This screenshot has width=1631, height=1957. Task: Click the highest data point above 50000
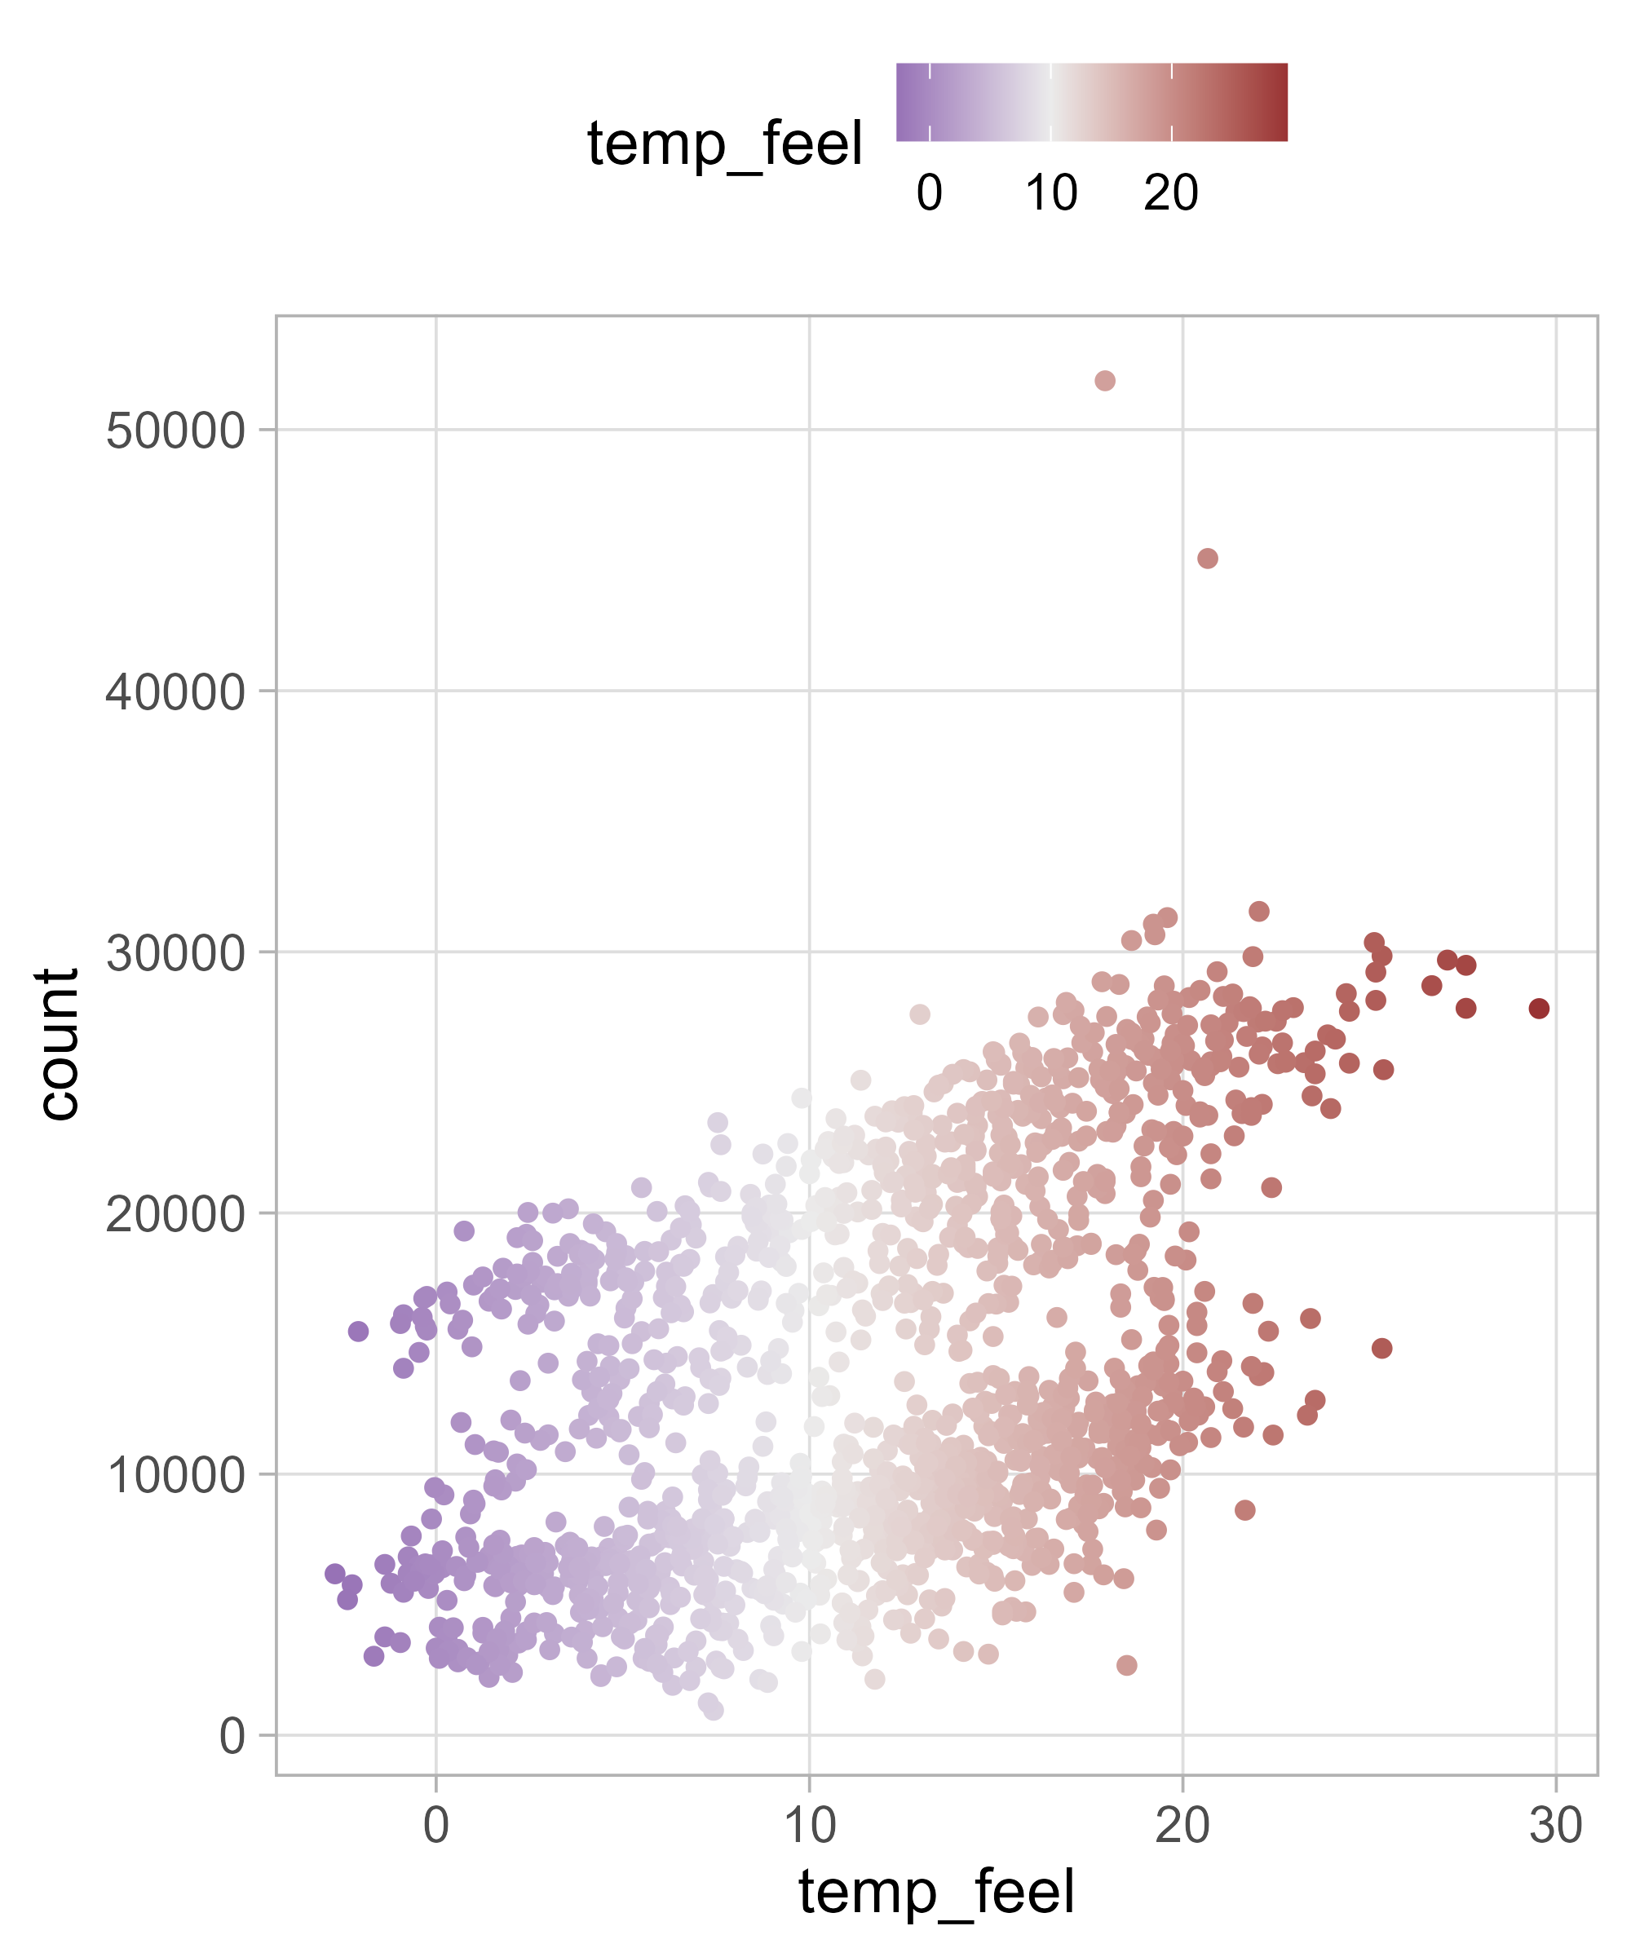(x=1104, y=380)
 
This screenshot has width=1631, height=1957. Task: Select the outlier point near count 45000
(x=1207, y=559)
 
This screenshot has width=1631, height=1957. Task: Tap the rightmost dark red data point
(x=1539, y=1009)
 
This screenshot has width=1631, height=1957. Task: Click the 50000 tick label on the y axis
(x=175, y=431)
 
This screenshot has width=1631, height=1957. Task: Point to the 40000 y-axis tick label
(x=175, y=692)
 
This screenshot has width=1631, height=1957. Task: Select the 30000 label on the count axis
(x=175, y=954)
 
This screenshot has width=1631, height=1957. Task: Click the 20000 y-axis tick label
(x=175, y=1215)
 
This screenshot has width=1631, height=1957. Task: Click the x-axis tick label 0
(x=436, y=1826)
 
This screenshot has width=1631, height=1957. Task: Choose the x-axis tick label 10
(x=809, y=1826)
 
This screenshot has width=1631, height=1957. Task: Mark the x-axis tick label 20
(x=1182, y=1826)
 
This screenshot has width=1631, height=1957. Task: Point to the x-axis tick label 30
(x=1555, y=1826)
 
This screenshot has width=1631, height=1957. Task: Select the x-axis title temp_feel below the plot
(x=937, y=1893)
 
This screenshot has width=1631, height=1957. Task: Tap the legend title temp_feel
(x=724, y=144)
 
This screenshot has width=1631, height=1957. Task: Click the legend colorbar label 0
(x=929, y=193)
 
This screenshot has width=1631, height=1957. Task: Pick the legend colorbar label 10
(x=1051, y=193)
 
